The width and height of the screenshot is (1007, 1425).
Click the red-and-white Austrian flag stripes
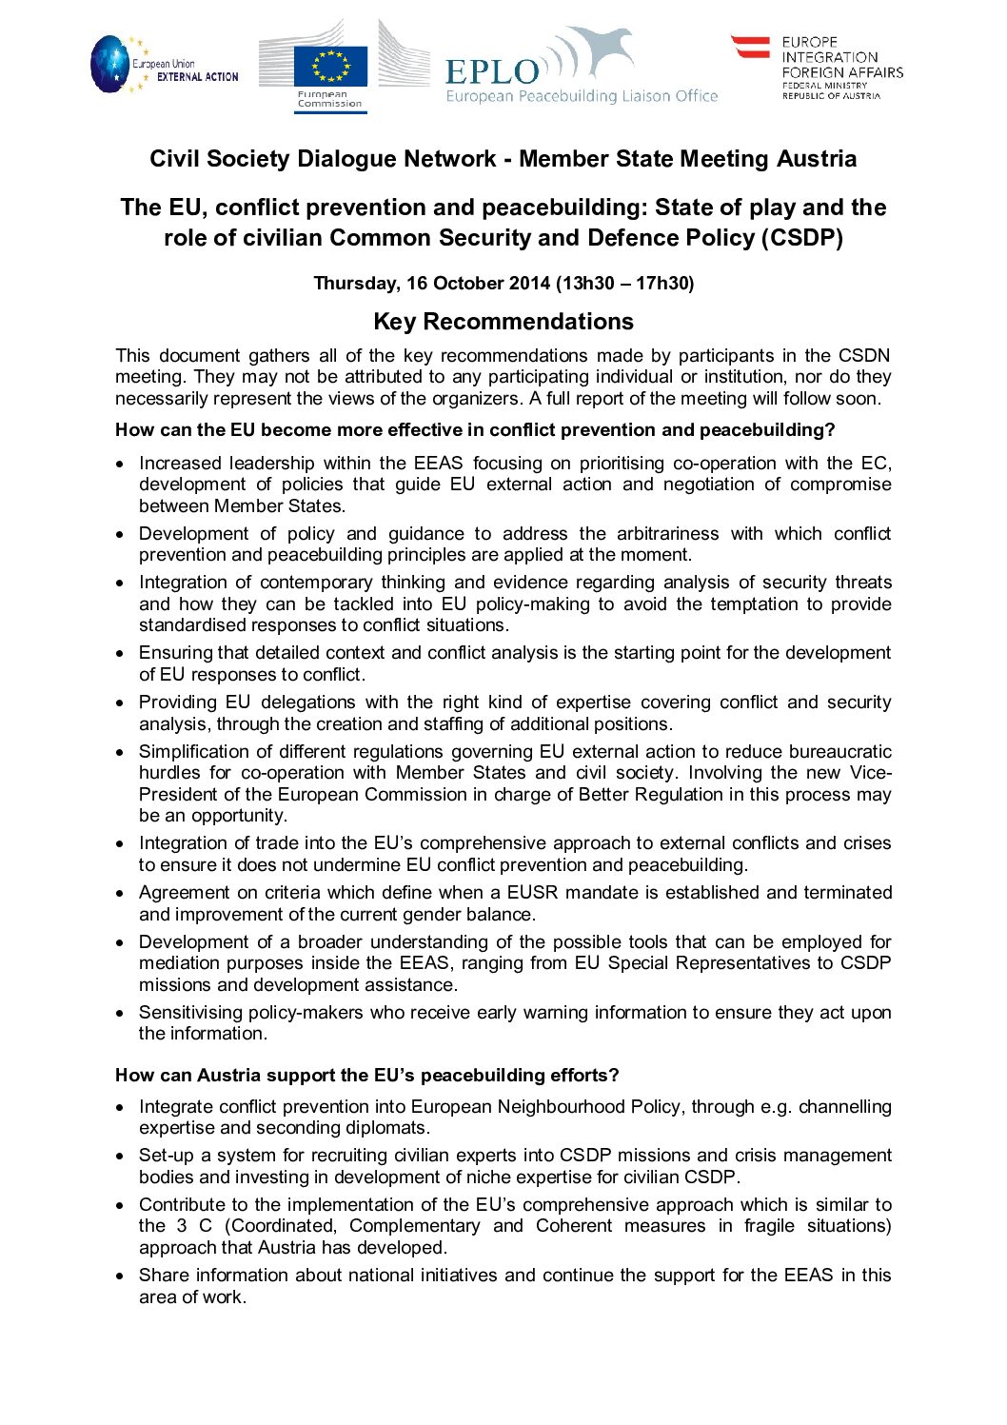tap(750, 47)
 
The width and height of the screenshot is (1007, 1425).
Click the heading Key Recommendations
tap(503, 322)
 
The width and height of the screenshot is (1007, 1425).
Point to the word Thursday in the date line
tap(356, 283)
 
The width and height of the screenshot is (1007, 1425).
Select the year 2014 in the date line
tap(528, 283)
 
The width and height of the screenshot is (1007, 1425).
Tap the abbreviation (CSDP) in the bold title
tap(801, 238)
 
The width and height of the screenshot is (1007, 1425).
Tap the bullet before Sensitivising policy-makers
tap(120, 1014)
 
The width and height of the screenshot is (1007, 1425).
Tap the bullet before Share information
tap(120, 1277)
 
